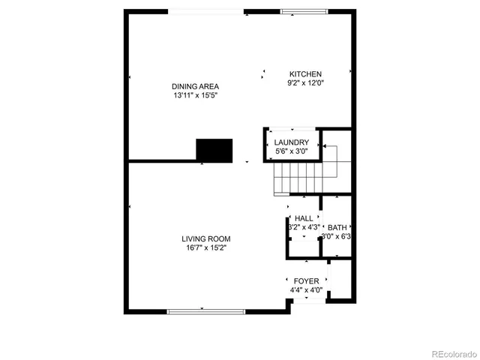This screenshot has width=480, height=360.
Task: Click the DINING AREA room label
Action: [194, 86]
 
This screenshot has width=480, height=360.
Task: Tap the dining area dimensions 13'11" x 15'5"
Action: [194, 95]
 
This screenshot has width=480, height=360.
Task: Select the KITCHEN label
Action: [306, 74]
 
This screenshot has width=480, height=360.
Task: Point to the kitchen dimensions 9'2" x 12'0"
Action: [306, 83]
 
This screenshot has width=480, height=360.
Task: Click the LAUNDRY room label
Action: [291, 142]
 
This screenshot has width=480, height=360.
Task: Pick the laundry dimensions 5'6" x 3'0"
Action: [291, 151]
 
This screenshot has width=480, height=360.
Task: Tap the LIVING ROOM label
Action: [205, 239]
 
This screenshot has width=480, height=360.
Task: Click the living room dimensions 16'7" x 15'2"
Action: [205, 247]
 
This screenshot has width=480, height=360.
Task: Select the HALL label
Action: [304, 218]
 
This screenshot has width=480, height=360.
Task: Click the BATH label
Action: [337, 227]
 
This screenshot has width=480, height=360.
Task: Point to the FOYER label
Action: [306, 281]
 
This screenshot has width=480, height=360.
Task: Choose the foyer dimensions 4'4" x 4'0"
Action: [306, 290]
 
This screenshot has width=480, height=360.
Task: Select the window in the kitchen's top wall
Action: [304, 11]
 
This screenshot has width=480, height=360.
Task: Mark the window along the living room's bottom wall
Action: [205, 311]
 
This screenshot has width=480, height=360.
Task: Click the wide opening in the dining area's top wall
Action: [205, 11]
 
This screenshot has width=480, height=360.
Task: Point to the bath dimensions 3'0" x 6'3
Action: [337, 236]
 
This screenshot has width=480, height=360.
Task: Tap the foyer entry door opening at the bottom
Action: [308, 301]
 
